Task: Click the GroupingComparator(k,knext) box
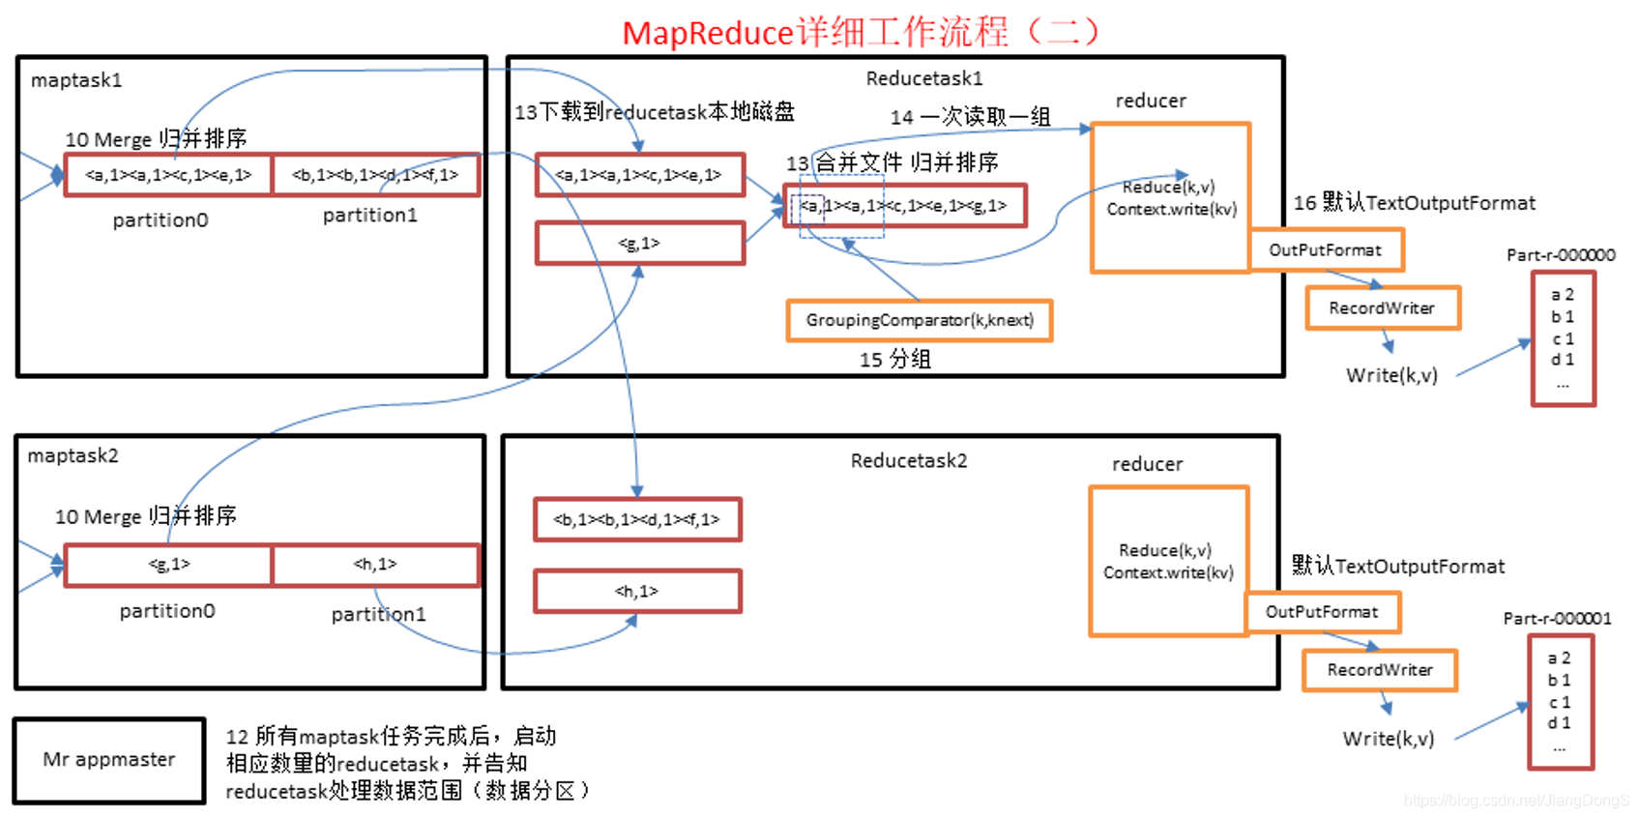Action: pyautogui.click(x=919, y=320)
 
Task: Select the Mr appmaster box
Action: pyautogui.click(x=109, y=760)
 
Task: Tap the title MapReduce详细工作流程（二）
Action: pyautogui.click(x=861, y=33)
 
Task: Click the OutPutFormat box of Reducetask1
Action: pyautogui.click(x=1325, y=250)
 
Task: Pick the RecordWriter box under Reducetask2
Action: pyautogui.click(x=1379, y=670)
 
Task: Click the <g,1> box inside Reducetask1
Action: pyautogui.click(x=639, y=244)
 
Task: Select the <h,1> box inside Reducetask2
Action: pyautogui.click(x=637, y=591)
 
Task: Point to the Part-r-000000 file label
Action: pyautogui.click(x=1561, y=255)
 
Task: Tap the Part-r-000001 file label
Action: pyautogui.click(x=1557, y=619)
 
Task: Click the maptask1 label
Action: pyautogui.click(x=76, y=80)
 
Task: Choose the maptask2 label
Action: pyautogui.click(x=73, y=455)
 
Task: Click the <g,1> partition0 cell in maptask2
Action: pyautogui.click(x=169, y=565)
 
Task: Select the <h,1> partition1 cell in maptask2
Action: pyautogui.click(x=375, y=565)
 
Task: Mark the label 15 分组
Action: pyautogui.click(x=894, y=360)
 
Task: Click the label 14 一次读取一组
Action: pyautogui.click(x=970, y=117)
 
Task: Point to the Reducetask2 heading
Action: pyautogui.click(x=908, y=461)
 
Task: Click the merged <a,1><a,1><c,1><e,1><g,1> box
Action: pyautogui.click(x=904, y=206)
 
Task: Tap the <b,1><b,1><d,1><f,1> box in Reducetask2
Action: pyautogui.click(x=637, y=520)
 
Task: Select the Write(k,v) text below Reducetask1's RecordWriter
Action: pyautogui.click(x=1391, y=375)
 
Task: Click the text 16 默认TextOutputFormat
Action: pyautogui.click(x=1414, y=203)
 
